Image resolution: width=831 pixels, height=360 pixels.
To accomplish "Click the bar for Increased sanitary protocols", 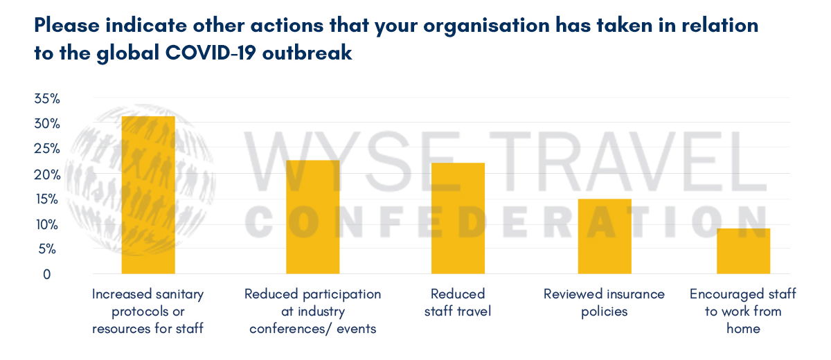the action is click(x=148, y=195).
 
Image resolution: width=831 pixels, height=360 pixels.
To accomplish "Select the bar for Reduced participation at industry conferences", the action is click(x=313, y=217).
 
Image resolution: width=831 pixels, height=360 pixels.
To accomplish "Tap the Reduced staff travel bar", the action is click(x=458, y=218).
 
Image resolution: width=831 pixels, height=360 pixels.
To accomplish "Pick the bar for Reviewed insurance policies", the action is click(x=605, y=237).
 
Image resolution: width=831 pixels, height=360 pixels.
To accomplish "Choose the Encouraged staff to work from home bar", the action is click(x=744, y=251).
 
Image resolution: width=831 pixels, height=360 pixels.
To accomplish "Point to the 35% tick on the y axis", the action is click(x=47, y=98).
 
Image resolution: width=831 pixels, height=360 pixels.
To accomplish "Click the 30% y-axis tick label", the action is click(x=47, y=123).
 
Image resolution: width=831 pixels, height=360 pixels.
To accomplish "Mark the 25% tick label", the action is click(x=47, y=149).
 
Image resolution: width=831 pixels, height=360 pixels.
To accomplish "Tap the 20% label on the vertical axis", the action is click(x=47, y=174).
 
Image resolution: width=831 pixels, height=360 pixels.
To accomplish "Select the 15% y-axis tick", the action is click(x=47, y=199).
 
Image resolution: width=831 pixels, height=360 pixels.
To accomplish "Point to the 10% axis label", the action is click(x=47, y=225).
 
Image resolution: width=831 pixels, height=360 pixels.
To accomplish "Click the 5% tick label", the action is click(x=47, y=249).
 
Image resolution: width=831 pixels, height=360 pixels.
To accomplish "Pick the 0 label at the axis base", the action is click(x=47, y=274).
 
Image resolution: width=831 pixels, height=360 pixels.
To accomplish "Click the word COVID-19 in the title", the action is click(x=211, y=53).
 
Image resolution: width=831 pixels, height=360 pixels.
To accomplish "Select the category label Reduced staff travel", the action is click(x=458, y=303).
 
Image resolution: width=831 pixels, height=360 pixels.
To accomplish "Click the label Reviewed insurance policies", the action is click(x=604, y=303).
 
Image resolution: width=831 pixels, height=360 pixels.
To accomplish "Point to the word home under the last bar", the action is click(x=743, y=328).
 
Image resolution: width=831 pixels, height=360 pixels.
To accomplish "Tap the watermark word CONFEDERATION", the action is click(x=507, y=222).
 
